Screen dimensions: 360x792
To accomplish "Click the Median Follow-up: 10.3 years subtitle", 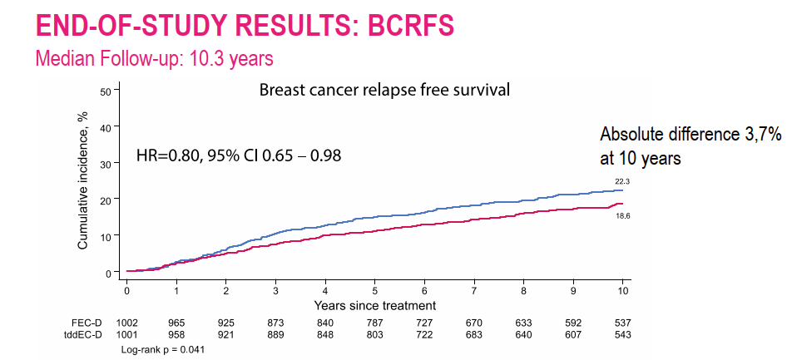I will point(154,59).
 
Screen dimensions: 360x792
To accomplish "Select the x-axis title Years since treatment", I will point(375,305).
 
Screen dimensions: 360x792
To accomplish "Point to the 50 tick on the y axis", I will point(106,91).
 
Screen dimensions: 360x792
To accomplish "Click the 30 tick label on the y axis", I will point(106,164).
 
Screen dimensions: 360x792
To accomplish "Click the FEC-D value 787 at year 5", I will point(375,323).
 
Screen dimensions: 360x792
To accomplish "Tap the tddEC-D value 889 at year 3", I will point(276,335).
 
